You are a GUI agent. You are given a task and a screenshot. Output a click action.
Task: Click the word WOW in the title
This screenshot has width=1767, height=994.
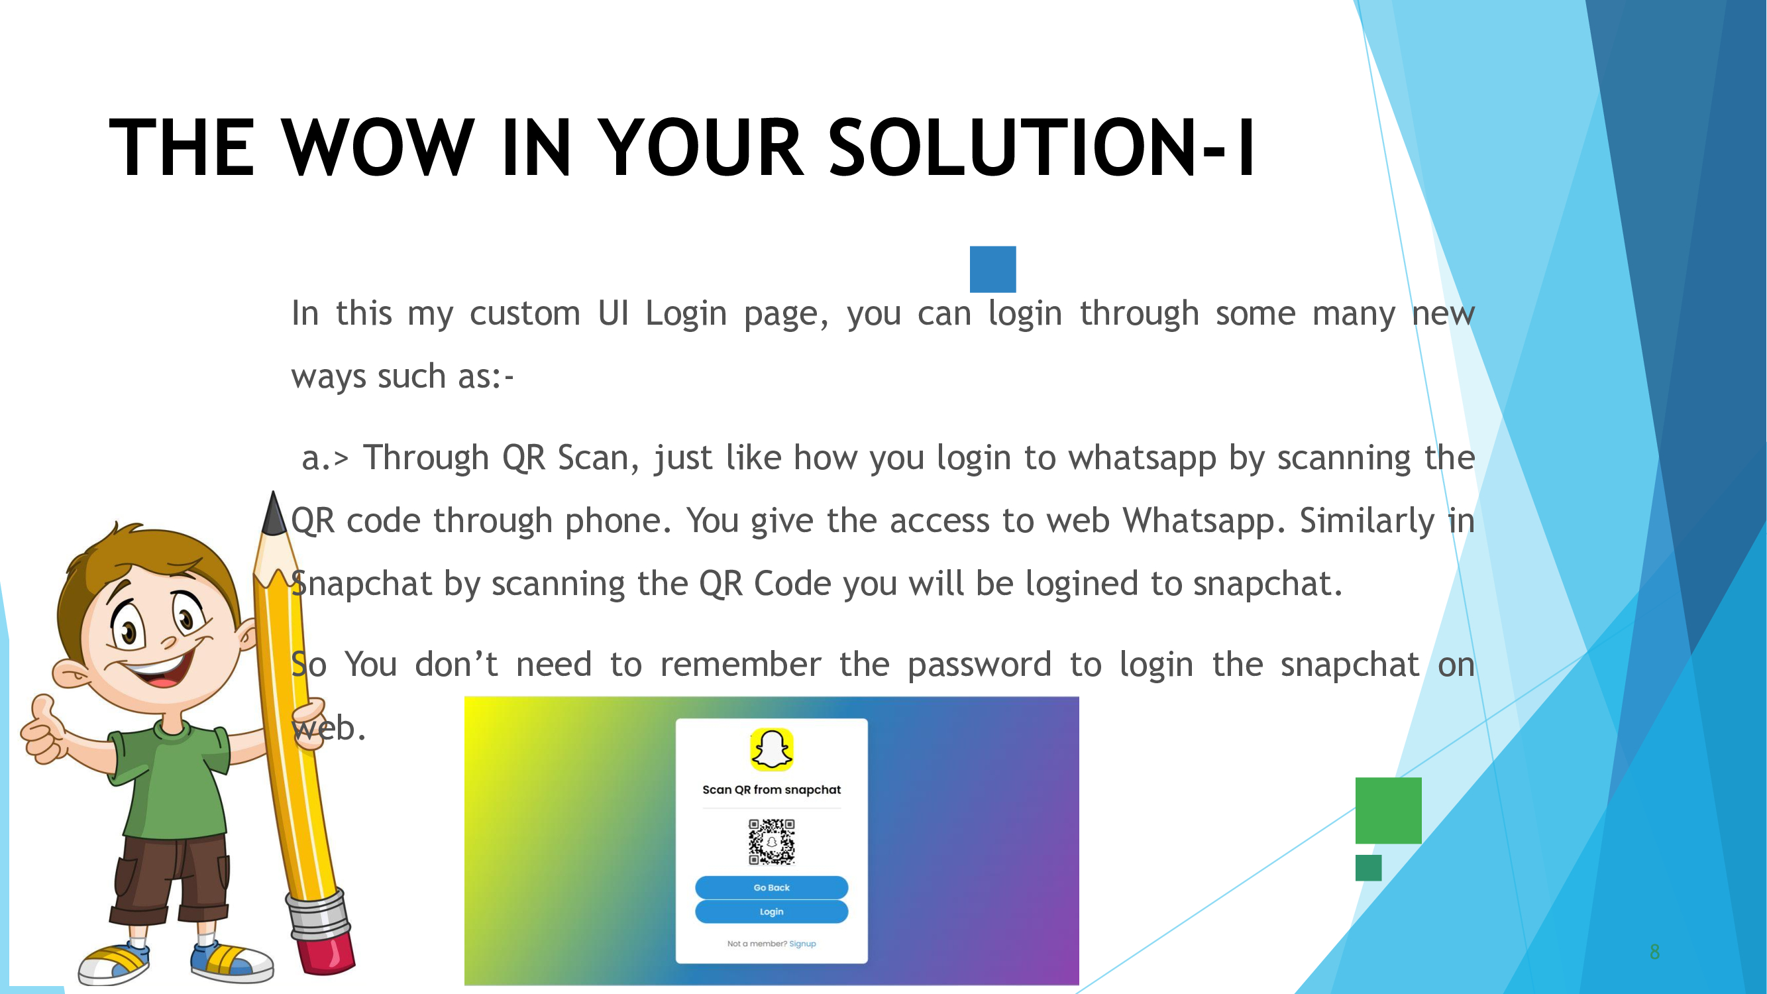[x=377, y=147]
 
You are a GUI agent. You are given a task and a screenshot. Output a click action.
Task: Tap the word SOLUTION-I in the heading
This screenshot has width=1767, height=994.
[x=1042, y=147]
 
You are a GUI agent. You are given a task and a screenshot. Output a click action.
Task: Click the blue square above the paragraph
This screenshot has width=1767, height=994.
[x=992, y=269]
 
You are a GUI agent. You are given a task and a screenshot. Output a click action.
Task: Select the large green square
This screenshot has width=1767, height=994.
[x=1387, y=810]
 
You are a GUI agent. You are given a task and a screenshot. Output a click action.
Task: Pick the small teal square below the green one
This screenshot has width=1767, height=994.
[x=1367, y=868]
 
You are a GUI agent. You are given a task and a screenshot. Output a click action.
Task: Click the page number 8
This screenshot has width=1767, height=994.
[x=1654, y=952]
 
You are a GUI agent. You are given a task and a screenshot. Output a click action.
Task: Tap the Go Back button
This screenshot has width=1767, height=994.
[x=771, y=887]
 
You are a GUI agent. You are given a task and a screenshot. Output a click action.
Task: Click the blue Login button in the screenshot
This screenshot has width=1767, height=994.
[x=771, y=912]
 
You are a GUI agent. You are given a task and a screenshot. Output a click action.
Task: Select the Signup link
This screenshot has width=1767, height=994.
[x=802, y=944]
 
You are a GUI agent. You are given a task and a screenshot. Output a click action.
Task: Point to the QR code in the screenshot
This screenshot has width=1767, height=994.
[x=771, y=841]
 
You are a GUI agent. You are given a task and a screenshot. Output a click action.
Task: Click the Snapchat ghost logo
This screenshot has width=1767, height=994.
[x=771, y=749]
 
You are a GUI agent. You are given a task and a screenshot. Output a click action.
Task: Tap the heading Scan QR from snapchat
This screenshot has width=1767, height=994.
[x=771, y=790]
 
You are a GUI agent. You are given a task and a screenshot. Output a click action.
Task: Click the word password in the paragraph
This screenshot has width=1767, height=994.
[x=979, y=665]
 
